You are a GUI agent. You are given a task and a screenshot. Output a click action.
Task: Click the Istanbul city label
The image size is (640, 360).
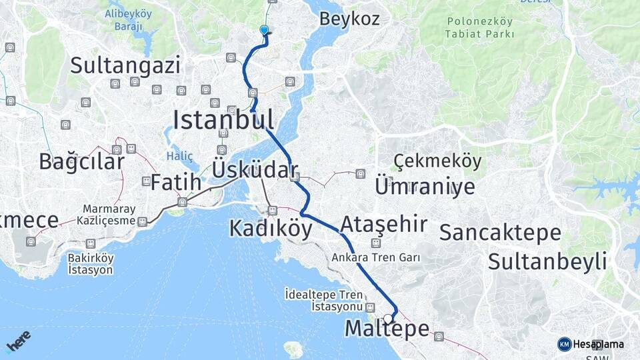coord(223,120)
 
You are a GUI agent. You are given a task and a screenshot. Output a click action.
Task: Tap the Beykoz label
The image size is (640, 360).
coord(349,19)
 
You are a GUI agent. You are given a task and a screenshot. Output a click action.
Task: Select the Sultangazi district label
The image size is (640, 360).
coord(125,65)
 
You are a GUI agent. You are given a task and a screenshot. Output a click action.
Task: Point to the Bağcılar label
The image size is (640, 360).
coord(81,161)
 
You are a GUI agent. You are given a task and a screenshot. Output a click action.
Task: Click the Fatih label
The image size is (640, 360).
coord(175,182)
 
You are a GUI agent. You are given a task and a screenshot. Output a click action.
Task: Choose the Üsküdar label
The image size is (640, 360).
coord(254,169)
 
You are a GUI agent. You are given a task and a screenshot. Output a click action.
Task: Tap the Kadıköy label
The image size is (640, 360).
coord(271,229)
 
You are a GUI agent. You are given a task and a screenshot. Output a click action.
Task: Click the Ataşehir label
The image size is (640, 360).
coord(383,224)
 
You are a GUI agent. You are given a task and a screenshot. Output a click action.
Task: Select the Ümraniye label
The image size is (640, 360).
coord(425,186)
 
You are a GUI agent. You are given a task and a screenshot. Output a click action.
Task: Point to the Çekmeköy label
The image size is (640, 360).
coord(437,161)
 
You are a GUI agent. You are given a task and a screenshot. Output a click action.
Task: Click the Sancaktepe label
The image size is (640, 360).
coord(500,233)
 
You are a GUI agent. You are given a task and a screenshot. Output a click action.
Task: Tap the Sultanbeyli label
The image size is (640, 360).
coord(547,261)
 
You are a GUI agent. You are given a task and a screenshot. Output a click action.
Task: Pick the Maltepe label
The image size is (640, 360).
coord(387,329)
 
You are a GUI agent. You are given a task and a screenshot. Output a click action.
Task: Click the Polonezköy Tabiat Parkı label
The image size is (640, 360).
coord(480,27)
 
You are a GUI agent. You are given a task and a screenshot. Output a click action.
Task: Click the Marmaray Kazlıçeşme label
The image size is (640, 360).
coord(109,214)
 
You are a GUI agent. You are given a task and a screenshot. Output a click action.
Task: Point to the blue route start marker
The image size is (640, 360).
coord(265,30)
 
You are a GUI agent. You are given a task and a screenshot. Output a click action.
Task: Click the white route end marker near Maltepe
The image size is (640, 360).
coord(387,319)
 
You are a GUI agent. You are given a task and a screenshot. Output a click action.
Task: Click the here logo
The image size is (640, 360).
coord(19,341)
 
